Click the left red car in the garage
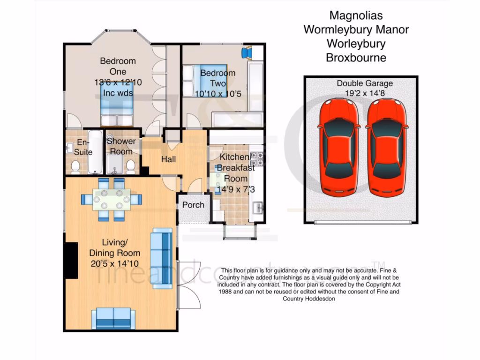tap(339, 148)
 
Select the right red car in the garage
tap(387, 148)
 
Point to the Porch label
tap(193, 205)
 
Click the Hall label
tap(168, 159)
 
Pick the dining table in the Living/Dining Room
tap(112, 199)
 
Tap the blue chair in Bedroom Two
tap(247, 52)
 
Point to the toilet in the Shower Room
tap(131, 165)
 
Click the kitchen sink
tap(257, 207)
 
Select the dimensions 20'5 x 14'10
tap(114, 263)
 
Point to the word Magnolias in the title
tap(356, 15)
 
